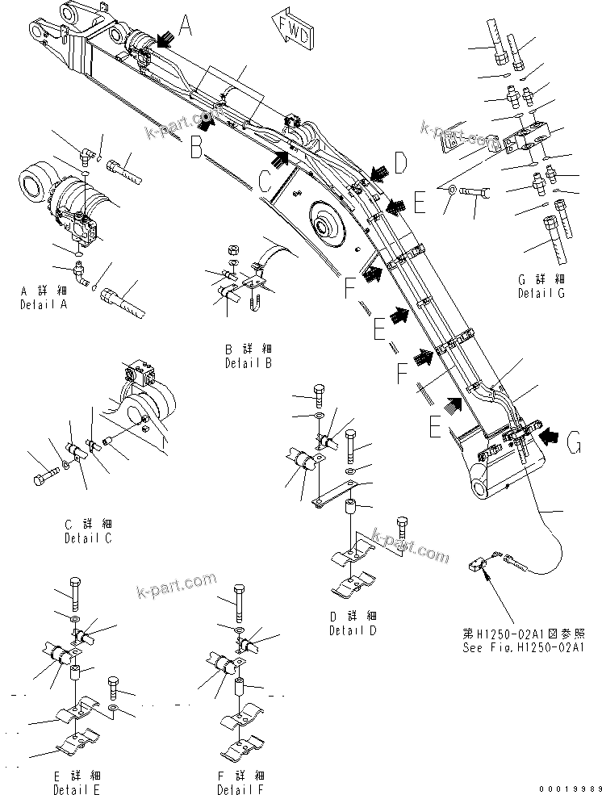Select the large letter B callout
196,147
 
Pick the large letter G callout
574,443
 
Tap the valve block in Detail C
143,376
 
